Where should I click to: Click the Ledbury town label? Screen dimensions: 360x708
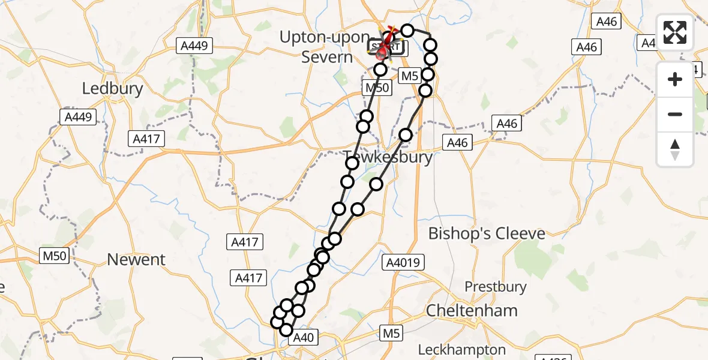click(113, 89)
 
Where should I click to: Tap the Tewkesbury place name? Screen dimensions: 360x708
click(389, 157)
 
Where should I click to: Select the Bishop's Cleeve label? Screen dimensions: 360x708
click(487, 233)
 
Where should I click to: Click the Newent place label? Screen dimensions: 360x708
click(136, 259)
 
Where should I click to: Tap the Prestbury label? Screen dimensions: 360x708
click(496, 287)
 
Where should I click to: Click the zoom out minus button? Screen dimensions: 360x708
click(675, 114)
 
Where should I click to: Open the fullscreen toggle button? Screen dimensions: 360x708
click(675, 32)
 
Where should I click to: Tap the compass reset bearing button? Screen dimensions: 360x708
click(675, 149)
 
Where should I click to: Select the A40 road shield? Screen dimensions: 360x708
click(302, 338)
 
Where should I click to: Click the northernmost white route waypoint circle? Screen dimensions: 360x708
click(407, 31)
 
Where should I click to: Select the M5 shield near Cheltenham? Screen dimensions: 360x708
click(390, 332)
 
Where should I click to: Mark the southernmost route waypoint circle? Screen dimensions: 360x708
click(286, 330)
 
